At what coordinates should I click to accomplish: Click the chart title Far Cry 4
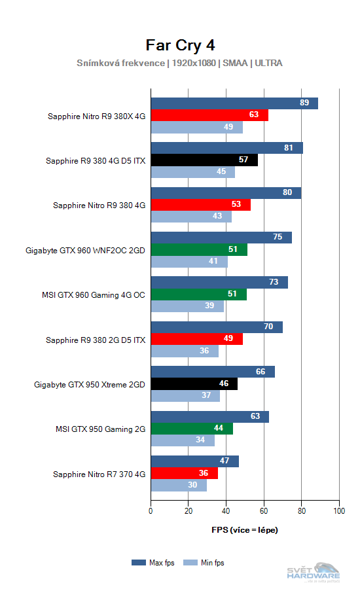pos(180,45)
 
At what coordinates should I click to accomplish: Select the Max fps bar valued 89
pos(234,103)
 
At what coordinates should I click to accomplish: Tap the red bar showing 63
pos(209,116)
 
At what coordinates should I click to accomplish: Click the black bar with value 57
pos(204,160)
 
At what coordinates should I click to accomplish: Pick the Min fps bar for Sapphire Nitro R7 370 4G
pos(179,485)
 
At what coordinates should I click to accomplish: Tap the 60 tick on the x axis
pos(264,511)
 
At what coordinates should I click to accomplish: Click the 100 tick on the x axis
pos(338,511)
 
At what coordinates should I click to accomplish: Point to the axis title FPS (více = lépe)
pos(245,529)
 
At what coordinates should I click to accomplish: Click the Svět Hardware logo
pos(314,571)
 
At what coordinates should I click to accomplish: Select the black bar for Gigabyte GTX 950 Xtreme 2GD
pos(194,384)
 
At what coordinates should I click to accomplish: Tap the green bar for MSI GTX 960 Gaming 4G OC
pos(198,294)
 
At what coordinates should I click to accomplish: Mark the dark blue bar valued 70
pos(217,327)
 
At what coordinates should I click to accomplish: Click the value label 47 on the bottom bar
pos(224,461)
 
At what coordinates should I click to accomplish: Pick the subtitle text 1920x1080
pos(194,63)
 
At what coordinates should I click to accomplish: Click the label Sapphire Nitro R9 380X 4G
pos(96,116)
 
